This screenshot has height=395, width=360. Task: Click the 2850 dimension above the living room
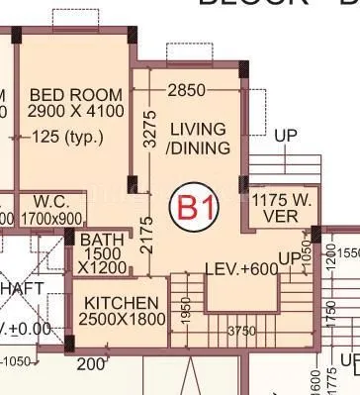pos(186,90)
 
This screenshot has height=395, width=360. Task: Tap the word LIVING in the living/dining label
pos(198,130)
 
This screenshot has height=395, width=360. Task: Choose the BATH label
pos(102,241)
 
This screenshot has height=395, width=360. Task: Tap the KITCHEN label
pos(120,302)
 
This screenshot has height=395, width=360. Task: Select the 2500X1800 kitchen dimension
pos(121,321)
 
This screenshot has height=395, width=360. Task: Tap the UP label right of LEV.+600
pos(288,259)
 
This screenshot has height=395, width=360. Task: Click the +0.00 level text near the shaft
pos(22,328)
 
